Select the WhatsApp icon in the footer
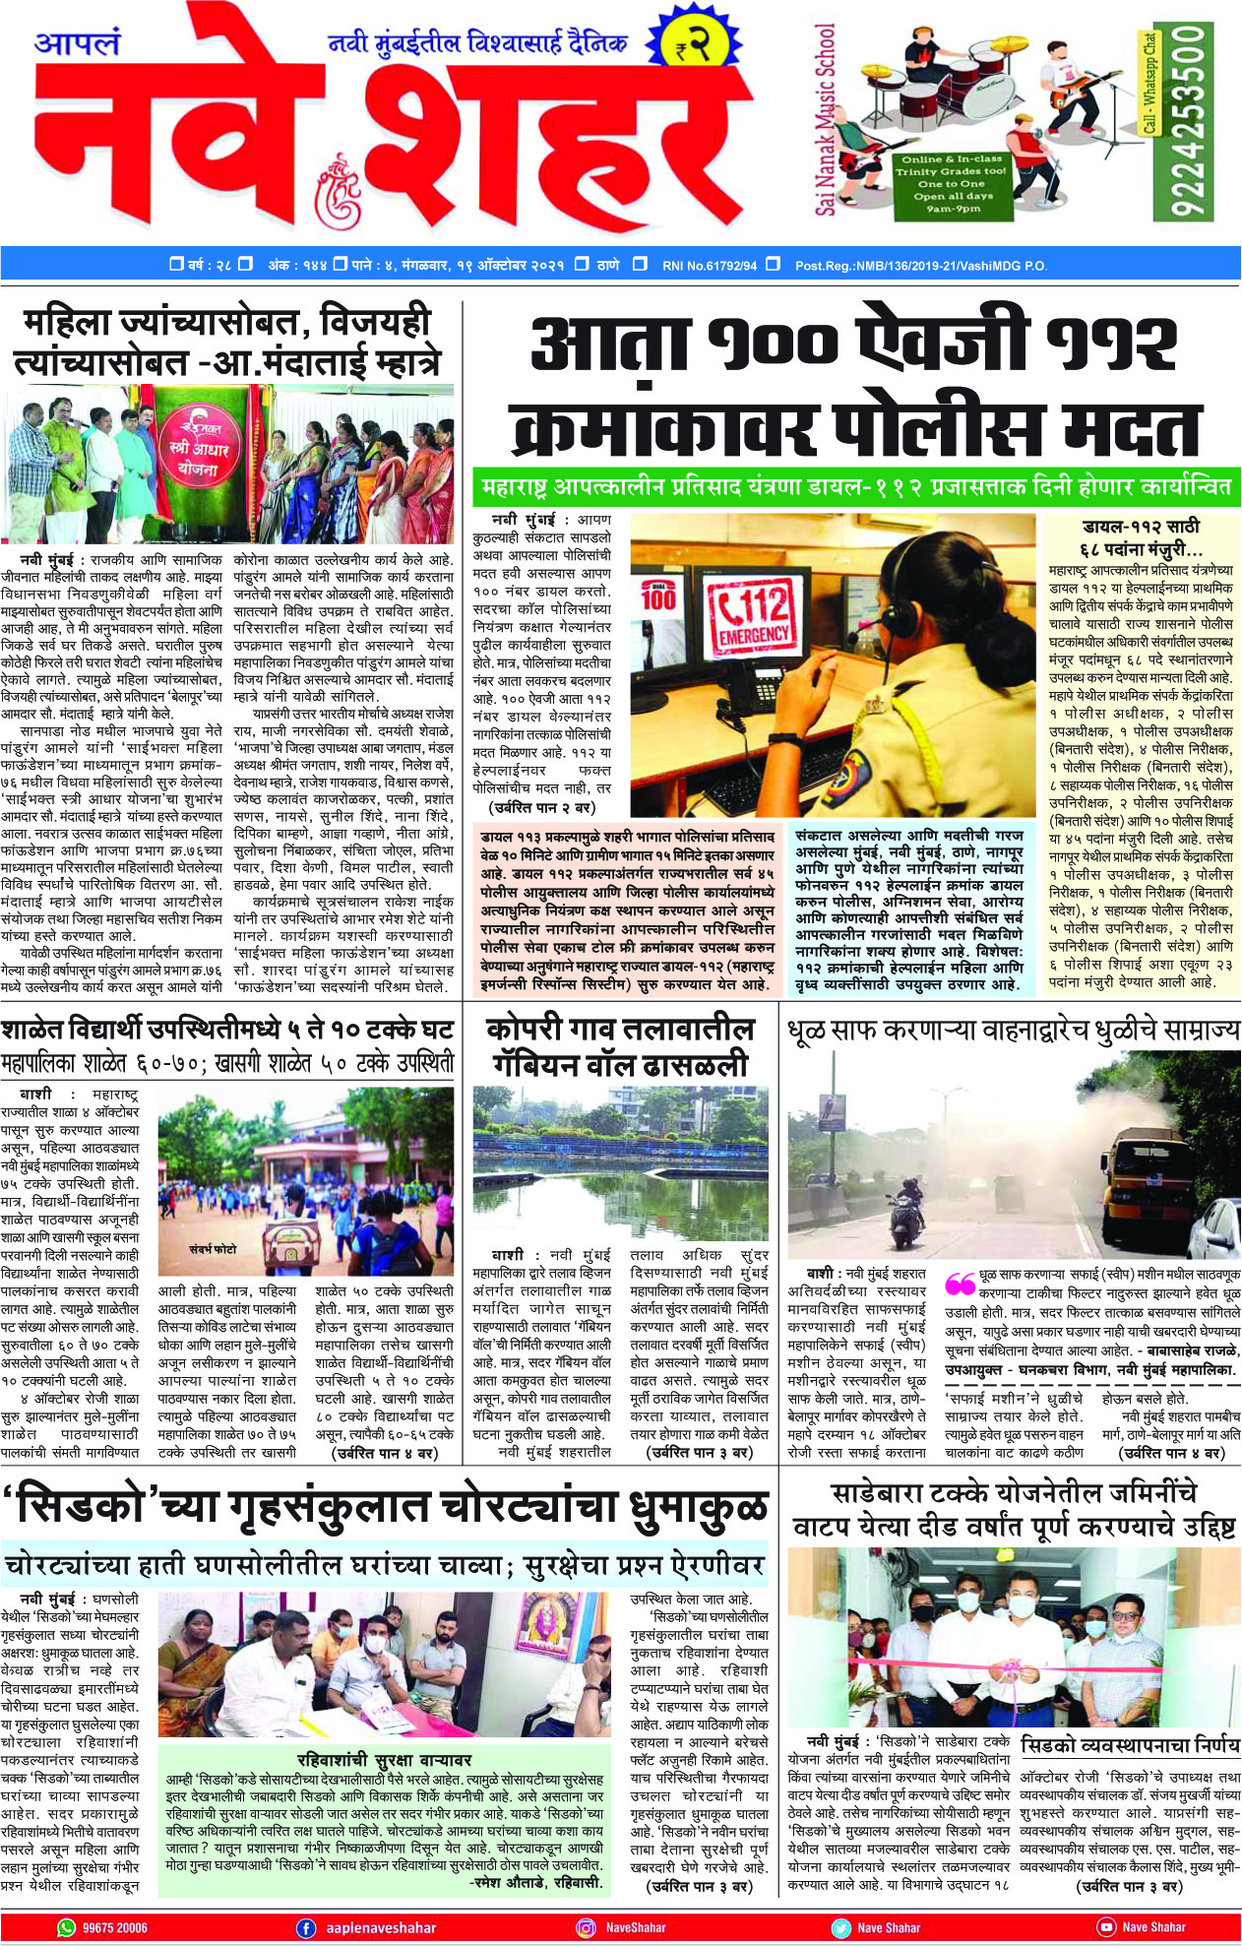(67, 1927)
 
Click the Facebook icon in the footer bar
(306, 1927)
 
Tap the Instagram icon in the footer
(586, 1927)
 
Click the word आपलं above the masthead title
(77, 45)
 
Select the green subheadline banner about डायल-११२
(857, 487)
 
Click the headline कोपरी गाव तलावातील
(621, 1031)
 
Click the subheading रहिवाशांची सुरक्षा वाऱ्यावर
(384, 1759)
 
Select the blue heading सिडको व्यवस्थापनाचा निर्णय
(1130, 1745)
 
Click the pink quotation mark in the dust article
(960, 1284)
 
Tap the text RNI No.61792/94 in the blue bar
(710, 265)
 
